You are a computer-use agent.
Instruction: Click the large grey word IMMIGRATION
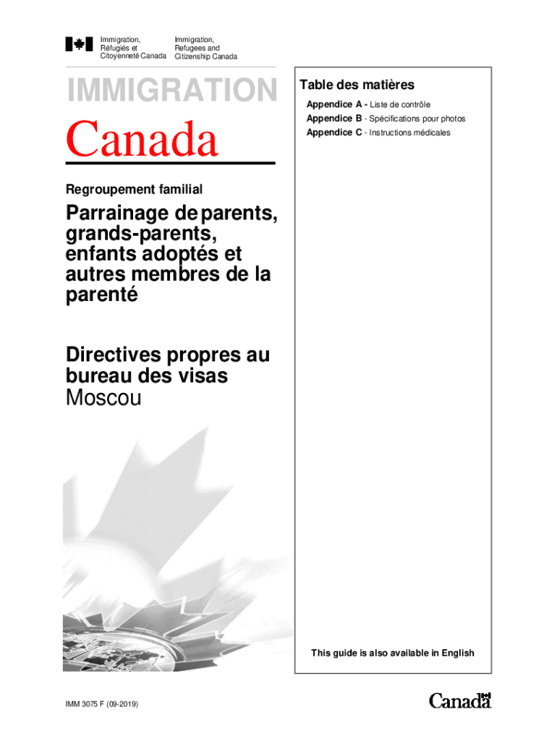(x=171, y=90)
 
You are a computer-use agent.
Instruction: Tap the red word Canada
(x=143, y=140)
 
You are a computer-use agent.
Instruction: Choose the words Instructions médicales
(x=409, y=132)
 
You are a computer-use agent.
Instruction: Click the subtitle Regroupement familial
(x=134, y=190)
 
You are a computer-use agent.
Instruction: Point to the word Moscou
(x=103, y=397)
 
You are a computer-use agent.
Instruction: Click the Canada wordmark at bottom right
(x=460, y=700)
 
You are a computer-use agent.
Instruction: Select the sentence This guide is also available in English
(x=393, y=653)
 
